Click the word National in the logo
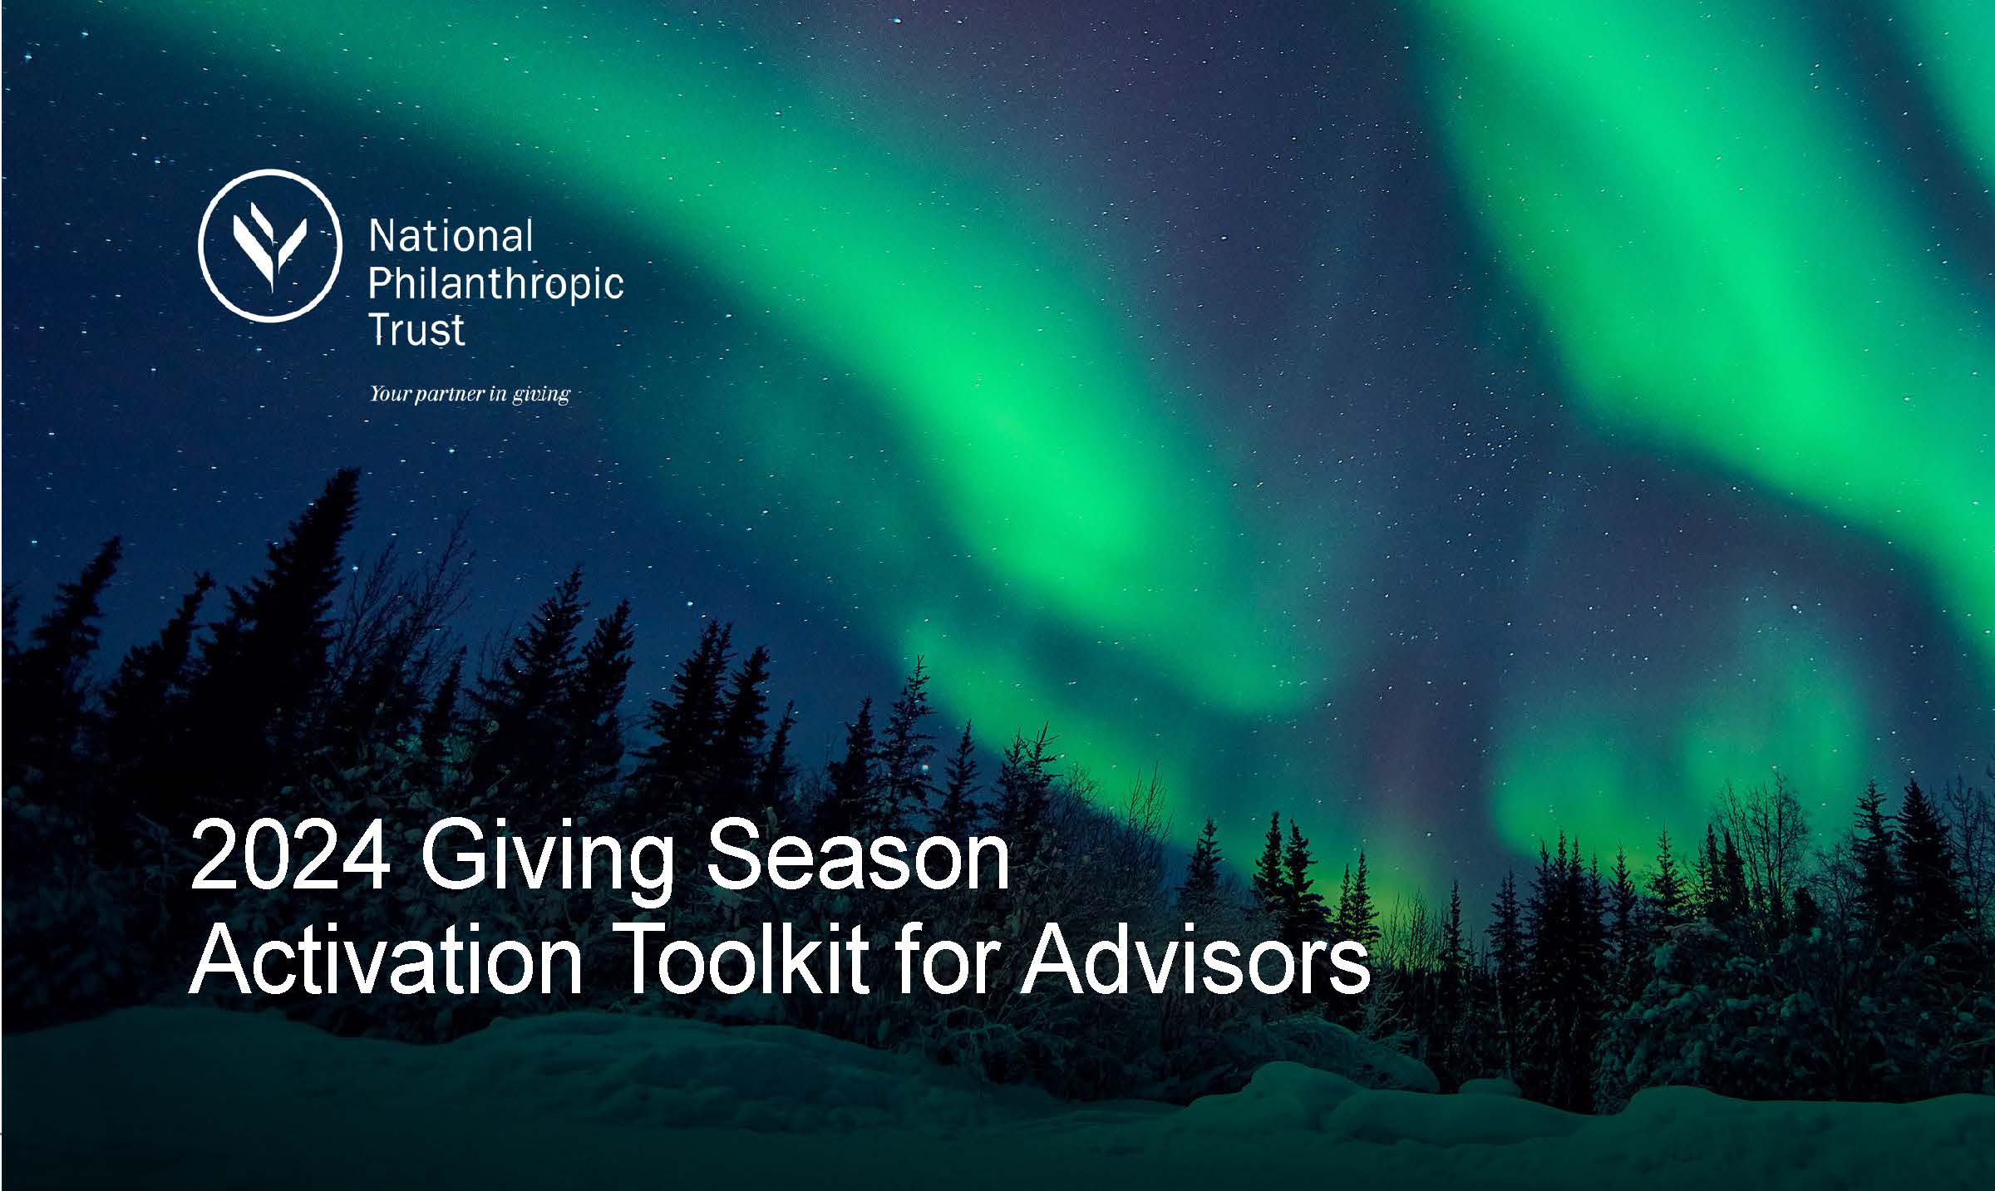[451, 237]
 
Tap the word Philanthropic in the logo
[495, 285]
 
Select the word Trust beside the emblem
[416, 329]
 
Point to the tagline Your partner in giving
[470, 394]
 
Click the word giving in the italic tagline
[541, 396]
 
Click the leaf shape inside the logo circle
[270, 247]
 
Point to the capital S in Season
[737, 855]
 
